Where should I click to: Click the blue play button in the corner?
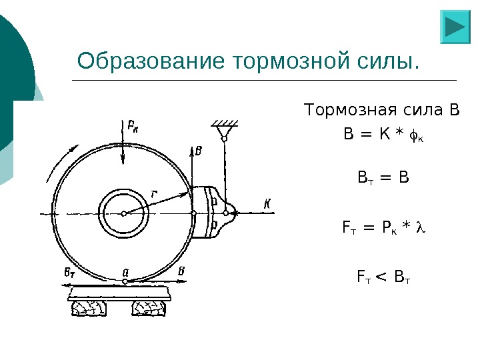pos(456,27)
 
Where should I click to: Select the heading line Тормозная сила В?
pos(382,109)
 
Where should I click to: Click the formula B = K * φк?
pos(383,136)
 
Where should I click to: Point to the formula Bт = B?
pos(383,178)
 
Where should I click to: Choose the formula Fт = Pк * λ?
pos(383,229)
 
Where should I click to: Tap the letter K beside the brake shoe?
pos(267,203)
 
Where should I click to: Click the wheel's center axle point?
pos(124,213)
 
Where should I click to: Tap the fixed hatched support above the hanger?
pos(225,125)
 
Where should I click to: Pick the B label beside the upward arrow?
pos(199,152)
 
